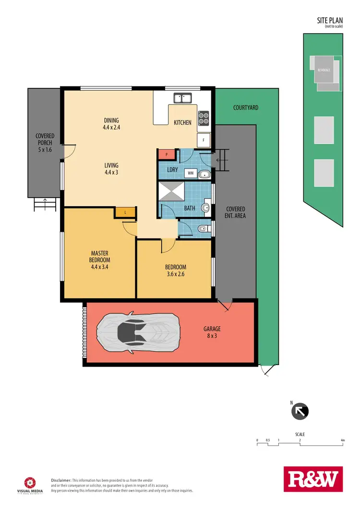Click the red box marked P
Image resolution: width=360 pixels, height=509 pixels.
(166, 154)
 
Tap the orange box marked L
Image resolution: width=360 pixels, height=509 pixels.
(125, 212)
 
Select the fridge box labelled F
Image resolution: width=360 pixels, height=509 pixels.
(204, 140)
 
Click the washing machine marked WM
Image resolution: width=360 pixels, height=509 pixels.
(191, 173)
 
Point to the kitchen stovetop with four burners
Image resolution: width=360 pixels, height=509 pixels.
(204, 118)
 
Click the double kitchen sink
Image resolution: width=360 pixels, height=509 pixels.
(183, 98)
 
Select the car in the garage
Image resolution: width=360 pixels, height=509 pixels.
(138, 331)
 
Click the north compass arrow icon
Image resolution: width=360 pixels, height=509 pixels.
(300, 411)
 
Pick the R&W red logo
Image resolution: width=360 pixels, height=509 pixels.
(313, 479)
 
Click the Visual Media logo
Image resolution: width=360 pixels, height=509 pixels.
(30, 484)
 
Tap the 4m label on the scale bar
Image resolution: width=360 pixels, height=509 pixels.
(342, 440)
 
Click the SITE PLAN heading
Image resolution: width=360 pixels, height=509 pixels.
(329, 21)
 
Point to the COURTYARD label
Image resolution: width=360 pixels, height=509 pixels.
(246, 108)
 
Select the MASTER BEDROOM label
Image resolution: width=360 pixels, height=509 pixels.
(99, 257)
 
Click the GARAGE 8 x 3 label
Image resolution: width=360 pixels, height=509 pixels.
(212, 332)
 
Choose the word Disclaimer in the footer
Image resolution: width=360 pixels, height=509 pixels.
(61, 480)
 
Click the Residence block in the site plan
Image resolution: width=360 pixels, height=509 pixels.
(324, 71)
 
